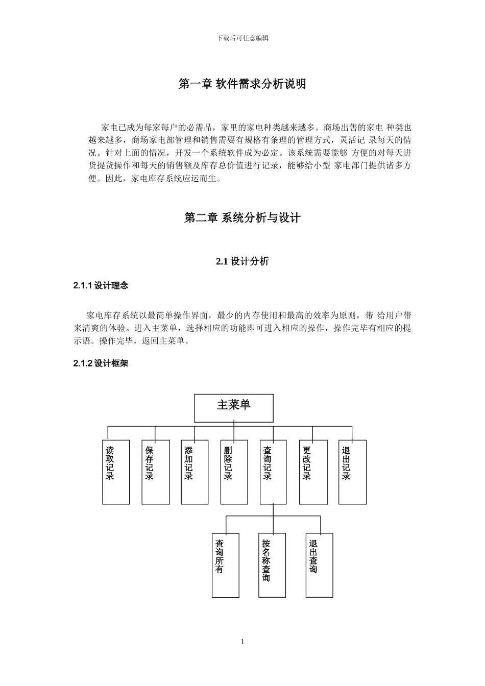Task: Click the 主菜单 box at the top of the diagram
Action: pyautogui.click(x=234, y=408)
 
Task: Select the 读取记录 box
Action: pyautogui.click(x=116, y=472)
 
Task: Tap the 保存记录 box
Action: pyautogui.click(x=155, y=472)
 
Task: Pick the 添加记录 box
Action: pyautogui.click(x=195, y=472)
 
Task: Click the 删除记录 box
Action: pyautogui.click(x=234, y=472)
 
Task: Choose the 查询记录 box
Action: pyautogui.click(x=273, y=472)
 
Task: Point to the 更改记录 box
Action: pyautogui.click(x=313, y=472)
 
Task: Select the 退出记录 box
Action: pyautogui.click(x=352, y=472)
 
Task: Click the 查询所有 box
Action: pyautogui.click(x=226, y=565)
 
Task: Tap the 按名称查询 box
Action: pyautogui.click(x=272, y=565)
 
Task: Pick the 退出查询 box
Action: pyautogui.click(x=319, y=565)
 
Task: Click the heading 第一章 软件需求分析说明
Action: pyautogui.click(x=242, y=84)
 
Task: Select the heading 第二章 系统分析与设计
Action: pyautogui.click(x=242, y=218)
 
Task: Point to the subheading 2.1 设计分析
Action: pyautogui.click(x=242, y=261)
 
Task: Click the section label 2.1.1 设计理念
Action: pyautogui.click(x=101, y=286)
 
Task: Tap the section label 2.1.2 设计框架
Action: pyautogui.click(x=101, y=364)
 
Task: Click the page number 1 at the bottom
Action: pyautogui.click(x=243, y=642)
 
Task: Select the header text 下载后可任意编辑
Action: pyautogui.click(x=243, y=38)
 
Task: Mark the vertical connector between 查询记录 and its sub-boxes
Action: pyautogui.click(x=273, y=510)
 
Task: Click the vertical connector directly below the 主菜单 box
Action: pyautogui.click(x=234, y=424)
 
